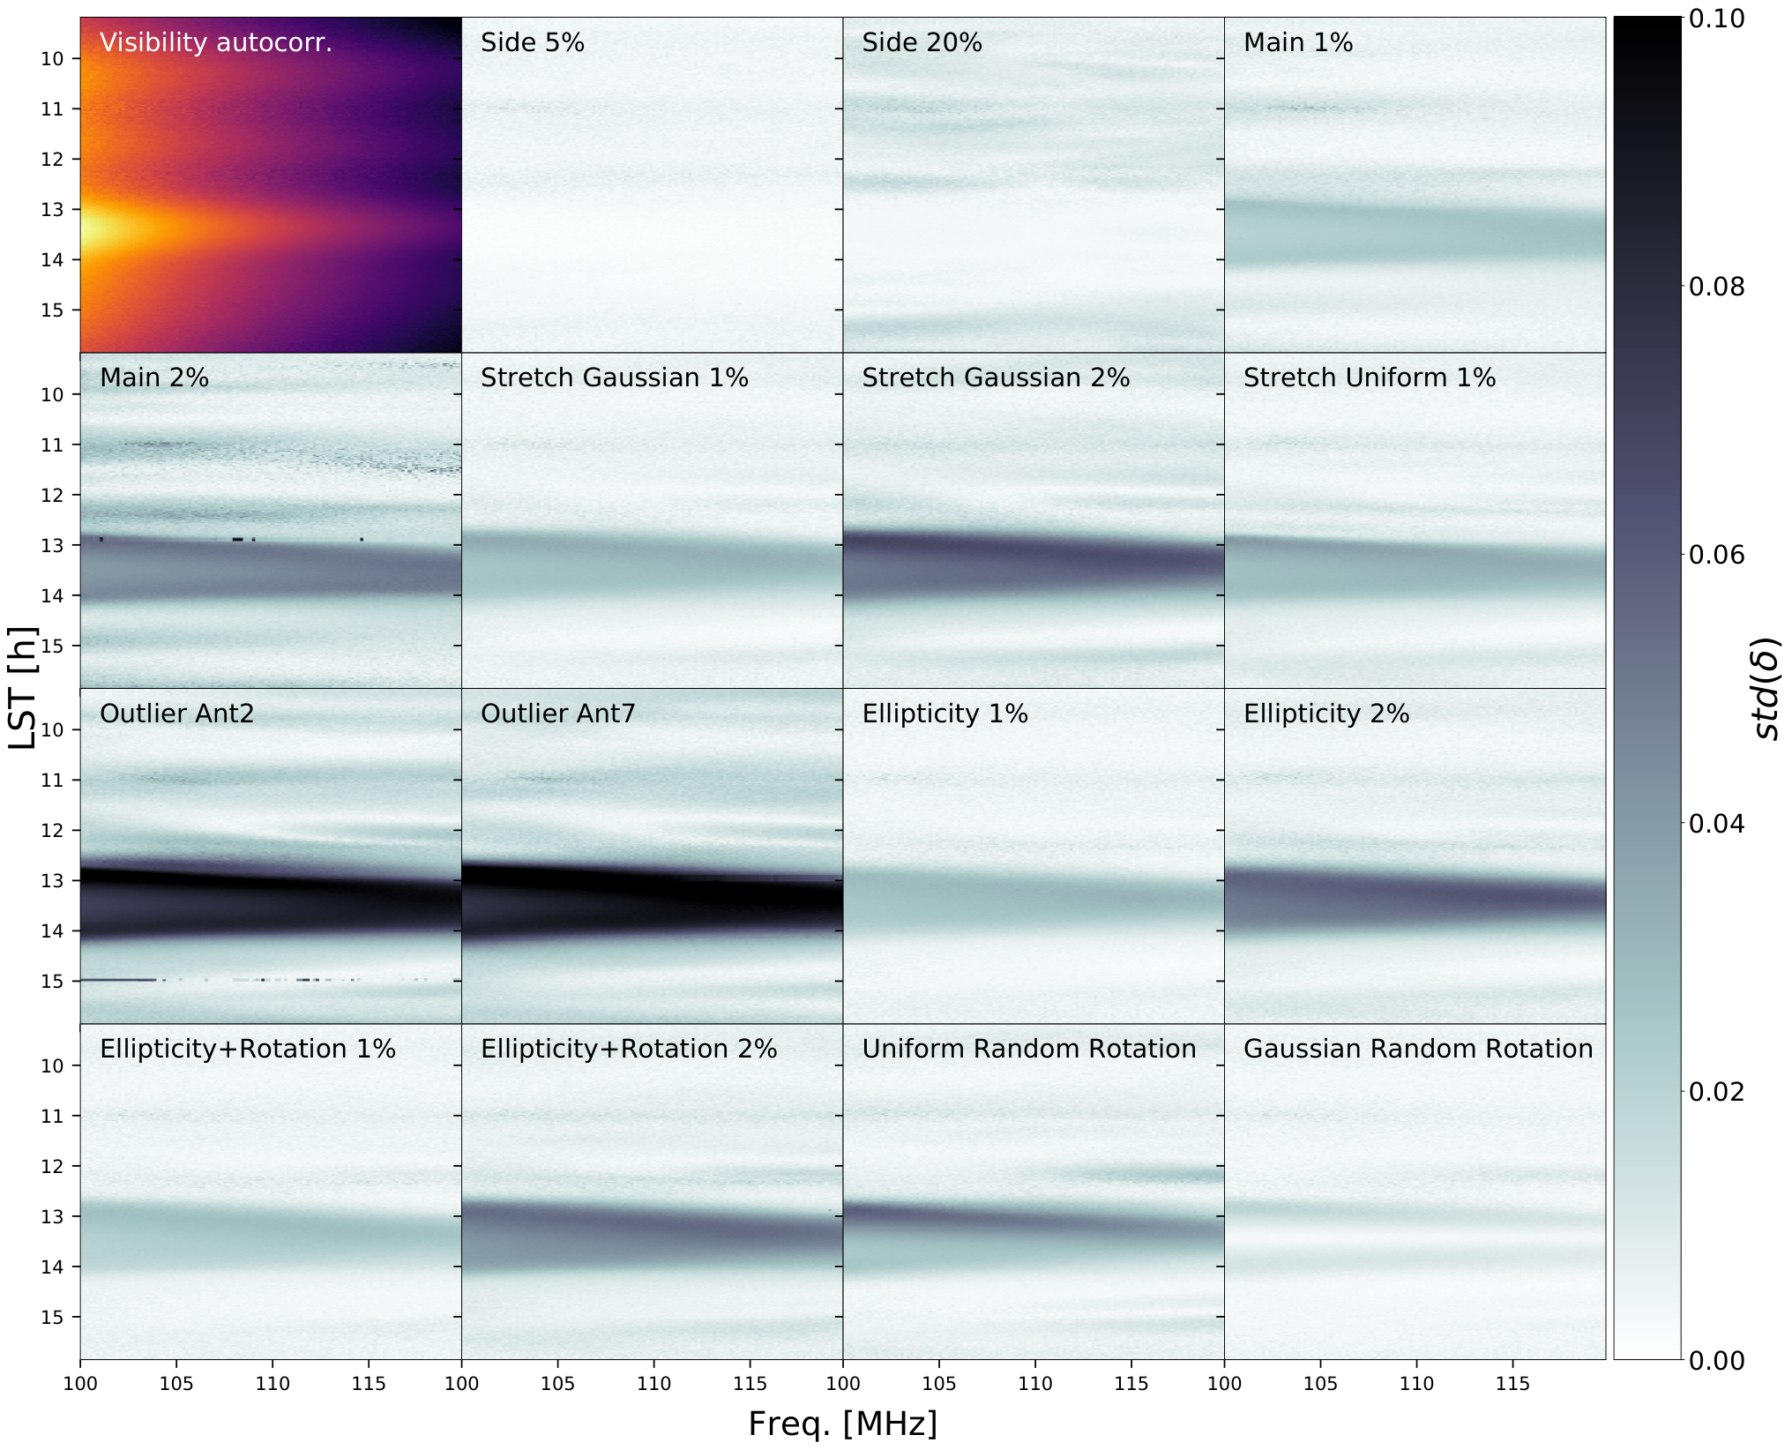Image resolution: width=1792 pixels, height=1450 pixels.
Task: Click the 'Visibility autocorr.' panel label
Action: point(216,43)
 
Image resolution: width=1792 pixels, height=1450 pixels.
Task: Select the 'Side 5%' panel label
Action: point(533,43)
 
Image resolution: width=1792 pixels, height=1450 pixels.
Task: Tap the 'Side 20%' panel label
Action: point(922,43)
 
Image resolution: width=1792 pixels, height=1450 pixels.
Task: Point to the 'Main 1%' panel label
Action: point(1298,43)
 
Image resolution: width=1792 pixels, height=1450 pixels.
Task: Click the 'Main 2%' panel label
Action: point(154,378)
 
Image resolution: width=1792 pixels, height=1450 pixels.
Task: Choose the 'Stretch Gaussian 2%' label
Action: point(996,378)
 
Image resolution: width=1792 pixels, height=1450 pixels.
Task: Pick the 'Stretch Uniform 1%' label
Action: point(1370,378)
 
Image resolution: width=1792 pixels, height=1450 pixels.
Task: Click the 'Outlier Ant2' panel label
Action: point(176,714)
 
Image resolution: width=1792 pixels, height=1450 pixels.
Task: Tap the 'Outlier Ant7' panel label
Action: point(557,714)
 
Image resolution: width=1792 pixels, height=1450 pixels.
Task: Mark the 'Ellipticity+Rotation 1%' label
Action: point(248,1050)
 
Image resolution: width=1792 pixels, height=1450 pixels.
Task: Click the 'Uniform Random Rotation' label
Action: point(1029,1049)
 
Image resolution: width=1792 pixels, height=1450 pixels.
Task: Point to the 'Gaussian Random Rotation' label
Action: point(1418,1049)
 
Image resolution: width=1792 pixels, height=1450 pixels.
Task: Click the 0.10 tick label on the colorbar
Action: point(1716,19)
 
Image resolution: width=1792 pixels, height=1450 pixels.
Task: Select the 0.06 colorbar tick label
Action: point(1716,555)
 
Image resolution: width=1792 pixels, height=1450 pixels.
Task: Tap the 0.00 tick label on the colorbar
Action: point(1716,1361)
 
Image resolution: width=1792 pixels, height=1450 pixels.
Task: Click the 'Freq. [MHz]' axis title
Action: point(843,1424)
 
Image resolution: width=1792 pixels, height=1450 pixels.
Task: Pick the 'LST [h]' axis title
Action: point(21,688)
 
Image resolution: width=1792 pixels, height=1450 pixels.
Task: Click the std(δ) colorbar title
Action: point(1766,689)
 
